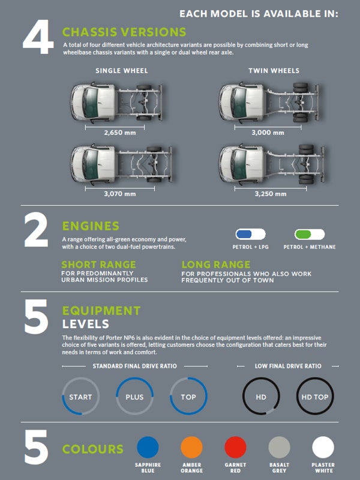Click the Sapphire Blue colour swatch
coord(148,447)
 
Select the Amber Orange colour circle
coord(191,447)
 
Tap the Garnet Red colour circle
coord(235,447)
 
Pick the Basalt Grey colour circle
coord(279,447)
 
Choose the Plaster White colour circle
coord(323,447)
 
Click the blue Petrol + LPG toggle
coord(250,235)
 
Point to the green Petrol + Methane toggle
coord(310,235)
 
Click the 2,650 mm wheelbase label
coord(119,133)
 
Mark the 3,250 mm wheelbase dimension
coord(271,194)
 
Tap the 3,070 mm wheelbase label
coord(119,194)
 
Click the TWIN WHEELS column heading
coord(274,71)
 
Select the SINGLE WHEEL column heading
coord(122,71)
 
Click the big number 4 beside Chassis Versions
coord(38,37)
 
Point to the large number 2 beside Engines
coord(36,230)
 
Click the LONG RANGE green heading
coord(216,265)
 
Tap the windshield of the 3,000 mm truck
coord(239,102)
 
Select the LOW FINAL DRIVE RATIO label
coord(288,366)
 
